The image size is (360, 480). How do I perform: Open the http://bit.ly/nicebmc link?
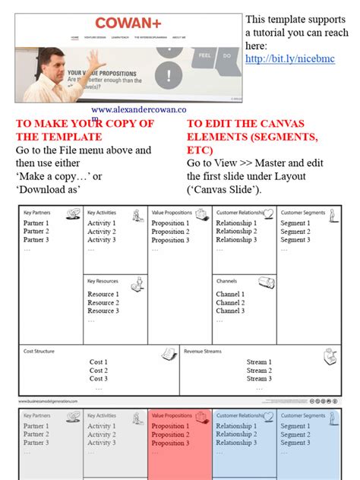click(x=289, y=58)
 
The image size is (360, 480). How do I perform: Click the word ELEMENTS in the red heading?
click(x=219, y=136)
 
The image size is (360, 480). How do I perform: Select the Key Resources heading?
click(x=103, y=281)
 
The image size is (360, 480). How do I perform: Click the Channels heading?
click(x=228, y=281)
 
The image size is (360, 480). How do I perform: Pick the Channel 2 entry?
click(x=230, y=302)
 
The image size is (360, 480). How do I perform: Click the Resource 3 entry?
click(x=103, y=311)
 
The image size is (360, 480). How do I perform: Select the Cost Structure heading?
click(x=39, y=352)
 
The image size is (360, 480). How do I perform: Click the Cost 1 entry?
click(x=98, y=362)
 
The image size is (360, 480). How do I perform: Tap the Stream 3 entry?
click(x=258, y=378)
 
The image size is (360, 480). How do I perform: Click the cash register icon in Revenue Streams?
click(x=330, y=356)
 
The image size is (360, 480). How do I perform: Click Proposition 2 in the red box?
click(x=169, y=435)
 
